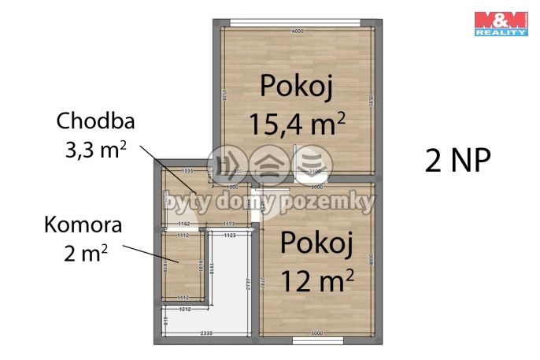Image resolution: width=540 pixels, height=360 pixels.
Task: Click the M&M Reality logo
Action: (x=501, y=23)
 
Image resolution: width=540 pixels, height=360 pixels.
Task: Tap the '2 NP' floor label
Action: (x=457, y=160)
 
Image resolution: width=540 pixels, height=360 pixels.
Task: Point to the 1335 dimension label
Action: (x=187, y=171)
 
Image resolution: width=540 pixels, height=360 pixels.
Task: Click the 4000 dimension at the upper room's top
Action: (x=298, y=32)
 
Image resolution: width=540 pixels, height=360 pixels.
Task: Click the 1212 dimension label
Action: (x=185, y=310)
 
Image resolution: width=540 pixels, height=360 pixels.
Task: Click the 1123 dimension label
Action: (x=230, y=236)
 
